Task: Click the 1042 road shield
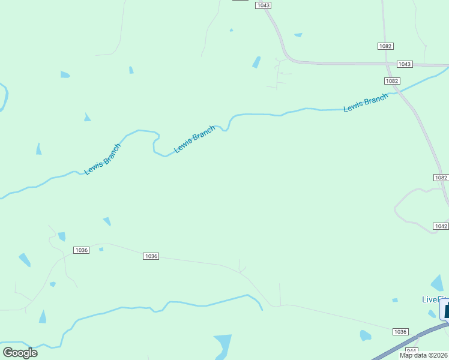[440, 226]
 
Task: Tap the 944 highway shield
[411, 350]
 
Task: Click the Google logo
[20, 353]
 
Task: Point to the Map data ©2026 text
[423, 355]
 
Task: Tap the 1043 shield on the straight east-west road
[405, 64]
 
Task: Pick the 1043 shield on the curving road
[263, 5]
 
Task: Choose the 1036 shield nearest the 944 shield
[400, 332]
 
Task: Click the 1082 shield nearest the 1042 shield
[441, 178]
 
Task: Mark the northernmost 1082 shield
[385, 46]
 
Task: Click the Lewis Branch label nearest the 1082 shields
[366, 103]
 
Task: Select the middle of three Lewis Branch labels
[194, 139]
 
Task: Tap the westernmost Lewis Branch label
[103, 158]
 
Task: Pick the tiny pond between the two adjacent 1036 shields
[101, 249]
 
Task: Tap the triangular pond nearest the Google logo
[42, 317]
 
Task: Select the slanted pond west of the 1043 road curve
[256, 62]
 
